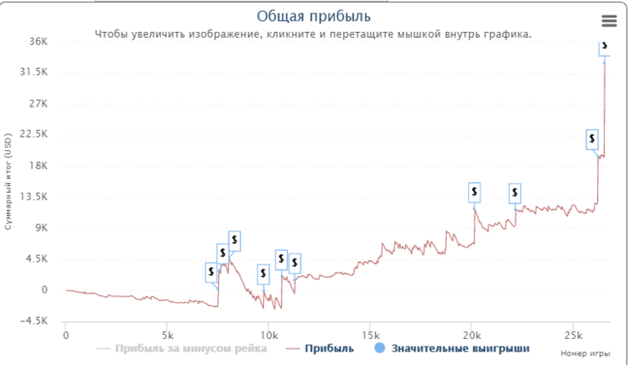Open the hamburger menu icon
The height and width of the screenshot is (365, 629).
(609, 21)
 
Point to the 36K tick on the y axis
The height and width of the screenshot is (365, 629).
(39, 41)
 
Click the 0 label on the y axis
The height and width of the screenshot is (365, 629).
(45, 290)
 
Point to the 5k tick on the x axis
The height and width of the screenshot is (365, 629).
(167, 335)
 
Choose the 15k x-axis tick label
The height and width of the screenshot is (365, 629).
(369, 335)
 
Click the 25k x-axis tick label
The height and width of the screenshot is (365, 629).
(572, 335)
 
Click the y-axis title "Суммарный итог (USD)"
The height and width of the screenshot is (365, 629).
(8, 180)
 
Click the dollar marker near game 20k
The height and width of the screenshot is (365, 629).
(475, 193)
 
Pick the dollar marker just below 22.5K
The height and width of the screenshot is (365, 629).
(592, 138)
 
